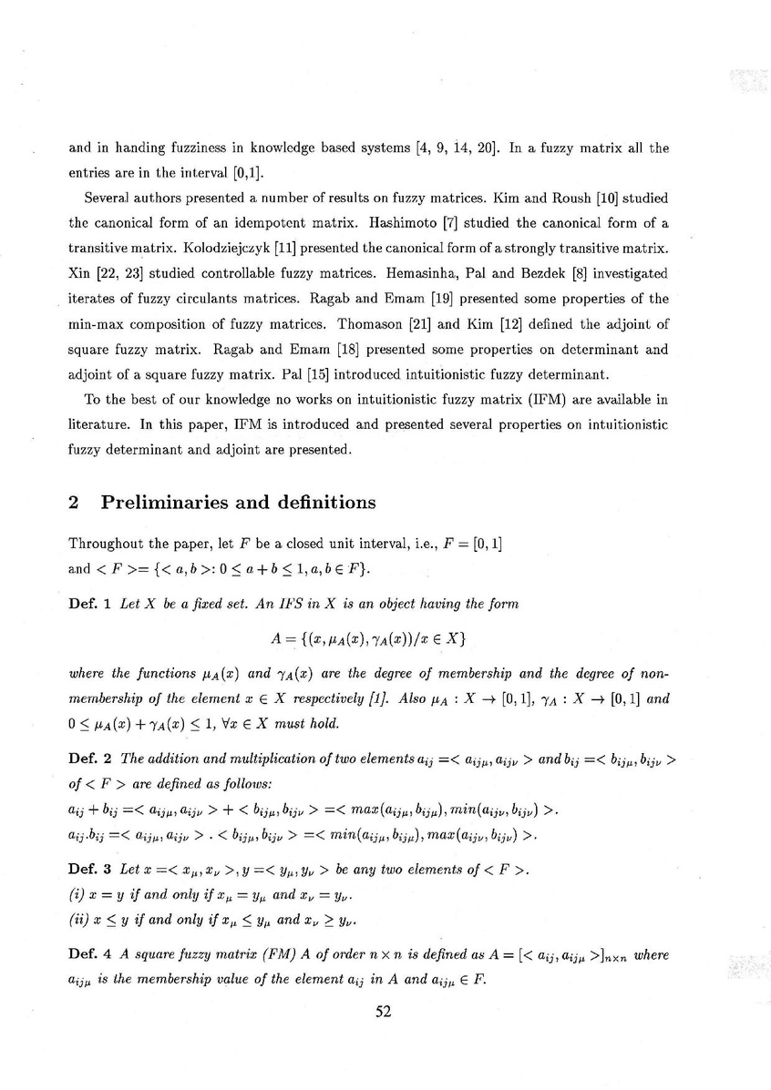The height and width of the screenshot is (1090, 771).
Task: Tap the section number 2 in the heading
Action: (75, 502)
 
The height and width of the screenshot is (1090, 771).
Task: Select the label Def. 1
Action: (90, 606)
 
